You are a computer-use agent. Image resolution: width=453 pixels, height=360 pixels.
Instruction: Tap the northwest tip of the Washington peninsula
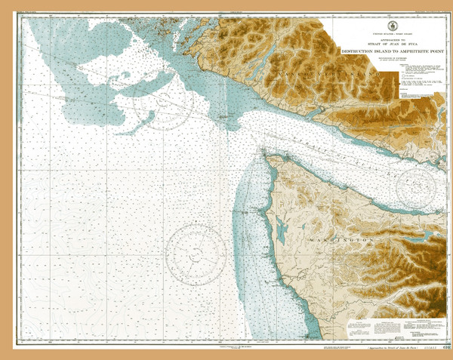[x=263, y=154]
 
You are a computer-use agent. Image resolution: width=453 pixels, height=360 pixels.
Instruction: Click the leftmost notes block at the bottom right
[x=362, y=327]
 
